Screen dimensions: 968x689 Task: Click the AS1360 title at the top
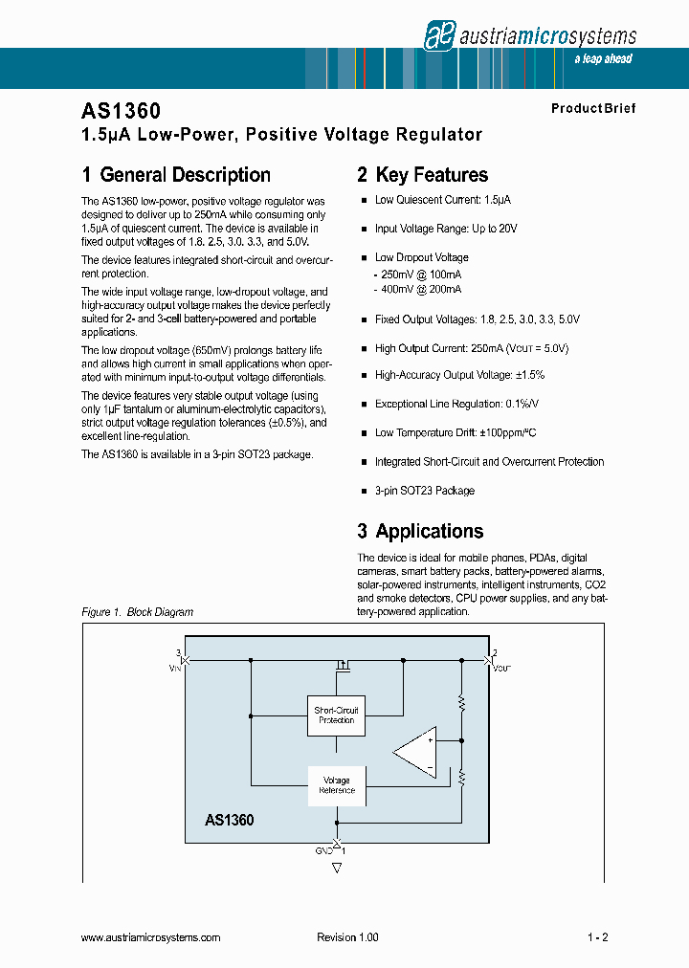click(x=121, y=112)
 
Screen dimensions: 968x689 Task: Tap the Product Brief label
click(x=592, y=108)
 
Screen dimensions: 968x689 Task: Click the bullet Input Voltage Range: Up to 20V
click(x=445, y=229)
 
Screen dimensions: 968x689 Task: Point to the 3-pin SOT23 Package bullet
click(x=424, y=491)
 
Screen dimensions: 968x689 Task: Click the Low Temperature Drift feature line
click(x=455, y=433)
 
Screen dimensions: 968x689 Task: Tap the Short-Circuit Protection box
click(x=336, y=715)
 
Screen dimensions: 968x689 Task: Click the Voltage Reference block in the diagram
click(x=336, y=785)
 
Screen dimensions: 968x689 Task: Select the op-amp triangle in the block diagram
click(x=417, y=752)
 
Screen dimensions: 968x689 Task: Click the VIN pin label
click(x=176, y=669)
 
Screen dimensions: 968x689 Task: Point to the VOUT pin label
click(x=500, y=669)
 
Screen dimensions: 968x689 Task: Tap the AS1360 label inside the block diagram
click(x=229, y=820)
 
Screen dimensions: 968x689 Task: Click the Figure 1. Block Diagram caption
click(x=137, y=612)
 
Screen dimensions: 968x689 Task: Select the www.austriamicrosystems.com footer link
click(x=151, y=937)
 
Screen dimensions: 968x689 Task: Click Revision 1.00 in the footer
click(x=347, y=937)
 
